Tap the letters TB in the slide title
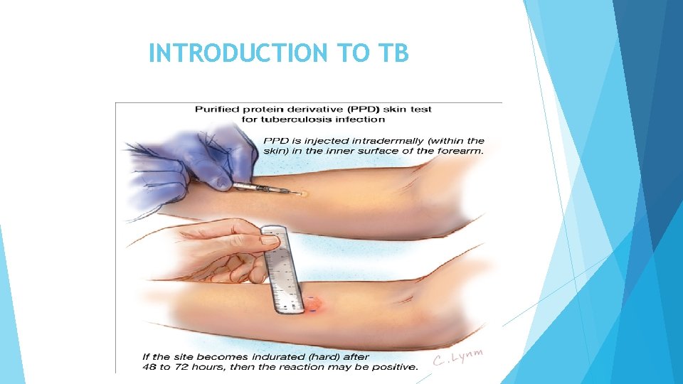click(x=395, y=53)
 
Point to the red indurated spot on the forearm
click(x=317, y=304)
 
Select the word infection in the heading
click(x=361, y=119)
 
